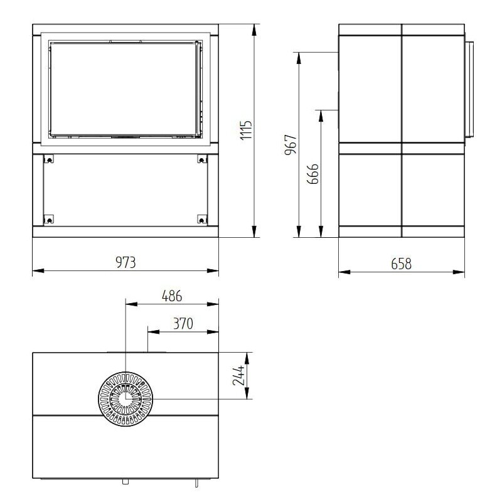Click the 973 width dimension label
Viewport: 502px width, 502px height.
click(125, 262)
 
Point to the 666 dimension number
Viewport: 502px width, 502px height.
click(312, 174)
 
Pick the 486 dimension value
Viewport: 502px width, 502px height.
click(172, 296)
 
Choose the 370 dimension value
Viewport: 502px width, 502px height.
click(182, 323)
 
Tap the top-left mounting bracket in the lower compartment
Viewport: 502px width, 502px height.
click(46, 159)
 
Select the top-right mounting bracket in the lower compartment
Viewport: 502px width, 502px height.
click(201, 159)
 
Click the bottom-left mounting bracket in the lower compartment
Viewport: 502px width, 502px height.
click(46, 219)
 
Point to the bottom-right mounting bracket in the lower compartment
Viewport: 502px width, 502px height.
click(201, 219)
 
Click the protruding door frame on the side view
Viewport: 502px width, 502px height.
click(467, 89)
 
